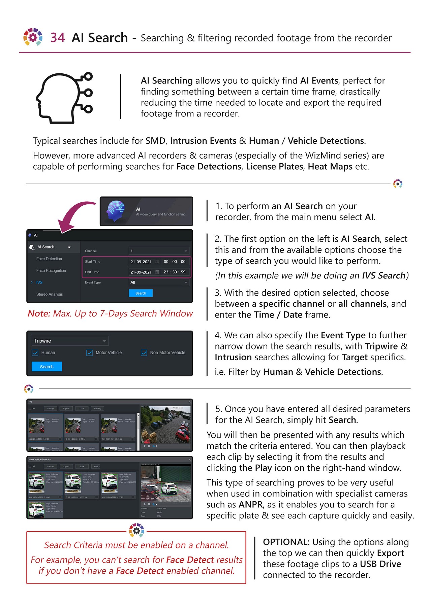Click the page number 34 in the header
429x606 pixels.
(58, 37)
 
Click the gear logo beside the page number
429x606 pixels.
(33, 37)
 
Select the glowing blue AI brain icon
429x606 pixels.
(116, 211)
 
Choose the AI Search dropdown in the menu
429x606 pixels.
(51, 247)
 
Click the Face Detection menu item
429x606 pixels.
(49, 259)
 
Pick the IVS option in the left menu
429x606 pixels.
(39, 282)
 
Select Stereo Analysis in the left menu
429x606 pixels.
(50, 294)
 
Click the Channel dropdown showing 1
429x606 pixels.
(159, 251)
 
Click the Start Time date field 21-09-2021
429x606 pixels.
(141, 262)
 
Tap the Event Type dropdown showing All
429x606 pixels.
(159, 282)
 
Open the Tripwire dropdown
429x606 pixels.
(70, 341)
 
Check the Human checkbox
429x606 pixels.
(35, 353)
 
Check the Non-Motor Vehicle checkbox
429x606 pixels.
(144, 353)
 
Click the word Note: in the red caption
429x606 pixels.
(39, 313)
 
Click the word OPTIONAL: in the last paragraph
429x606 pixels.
(286, 542)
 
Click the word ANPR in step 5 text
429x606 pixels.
(251, 504)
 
